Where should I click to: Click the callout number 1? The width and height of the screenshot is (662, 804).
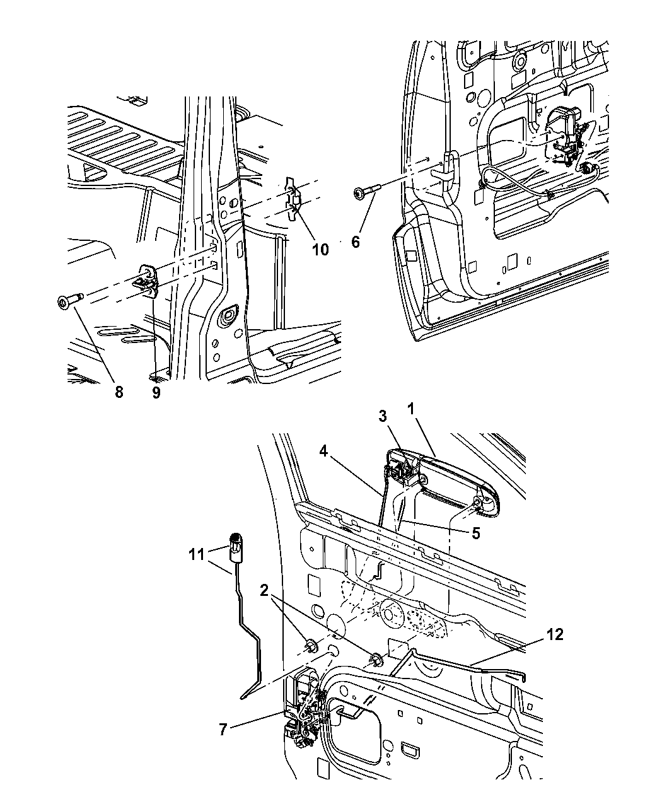(411, 409)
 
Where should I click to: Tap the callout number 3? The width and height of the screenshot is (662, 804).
(383, 416)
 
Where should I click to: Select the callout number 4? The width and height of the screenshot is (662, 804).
(323, 451)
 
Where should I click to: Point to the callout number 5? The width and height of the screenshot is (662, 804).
(476, 533)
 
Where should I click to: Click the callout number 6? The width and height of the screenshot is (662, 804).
(356, 242)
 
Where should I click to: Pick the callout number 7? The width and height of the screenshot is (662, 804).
(223, 730)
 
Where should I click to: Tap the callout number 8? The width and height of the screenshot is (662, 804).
(119, 392)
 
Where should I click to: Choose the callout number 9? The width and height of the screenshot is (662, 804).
(156, 392)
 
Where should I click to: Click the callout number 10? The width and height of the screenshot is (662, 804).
(320, 250)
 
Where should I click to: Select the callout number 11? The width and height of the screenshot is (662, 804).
(197, 555)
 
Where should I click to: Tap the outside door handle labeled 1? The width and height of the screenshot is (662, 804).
(443, 481)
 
